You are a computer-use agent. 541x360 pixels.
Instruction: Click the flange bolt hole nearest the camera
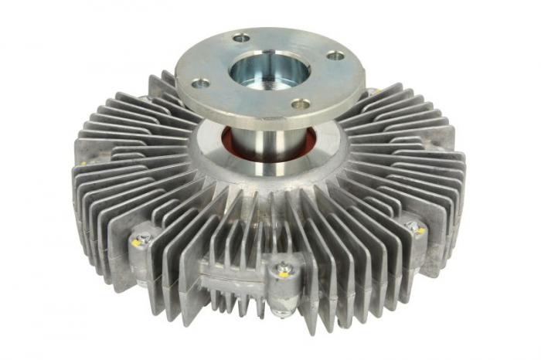[x=300, y=104]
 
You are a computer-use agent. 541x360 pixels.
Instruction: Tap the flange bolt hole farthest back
[x=242, y=38]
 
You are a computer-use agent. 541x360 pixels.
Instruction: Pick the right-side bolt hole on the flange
[x=335, y=56]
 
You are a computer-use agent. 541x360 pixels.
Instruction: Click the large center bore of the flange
[x=269, y=70]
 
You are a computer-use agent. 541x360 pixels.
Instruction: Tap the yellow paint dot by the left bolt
[x=136, y=243]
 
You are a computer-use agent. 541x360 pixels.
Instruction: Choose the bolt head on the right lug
[x=414, y=228]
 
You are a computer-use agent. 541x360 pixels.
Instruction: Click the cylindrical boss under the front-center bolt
[x=284, y=290]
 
